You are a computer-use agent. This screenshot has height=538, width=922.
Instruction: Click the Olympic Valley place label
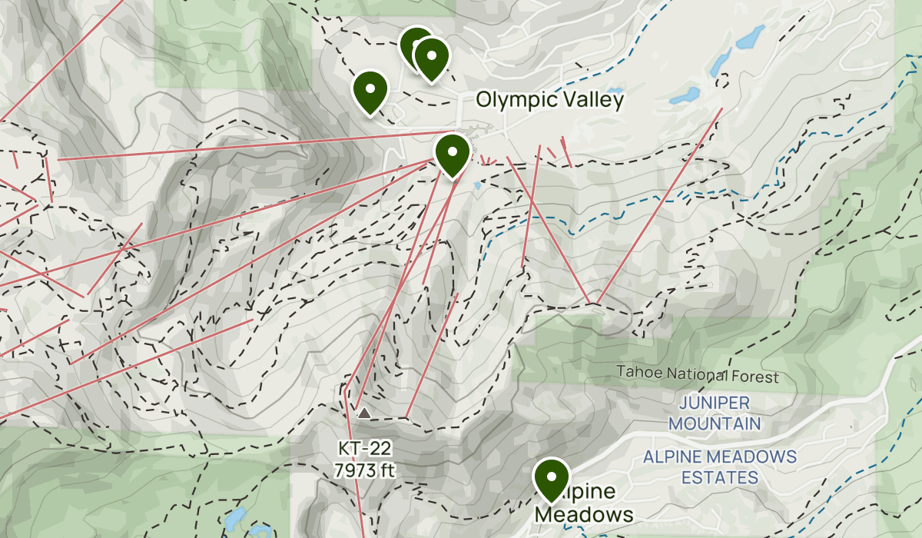coord(549,100)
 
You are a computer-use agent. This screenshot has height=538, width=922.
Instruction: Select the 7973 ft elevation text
coord(365,468)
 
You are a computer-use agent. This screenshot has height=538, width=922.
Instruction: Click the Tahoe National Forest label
coord(698,377)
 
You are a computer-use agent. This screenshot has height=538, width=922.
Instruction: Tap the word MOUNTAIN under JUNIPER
coord(714,423)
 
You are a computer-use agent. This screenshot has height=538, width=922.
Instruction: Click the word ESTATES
coord(720,477)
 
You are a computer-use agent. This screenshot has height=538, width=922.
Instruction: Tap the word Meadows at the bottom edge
coord(585,514)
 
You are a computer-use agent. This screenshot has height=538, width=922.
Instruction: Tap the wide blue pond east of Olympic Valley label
coord(684,96)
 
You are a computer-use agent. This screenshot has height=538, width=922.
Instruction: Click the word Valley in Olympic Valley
coord(592,100)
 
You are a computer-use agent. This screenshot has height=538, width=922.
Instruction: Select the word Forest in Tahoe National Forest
coord(755,377)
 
